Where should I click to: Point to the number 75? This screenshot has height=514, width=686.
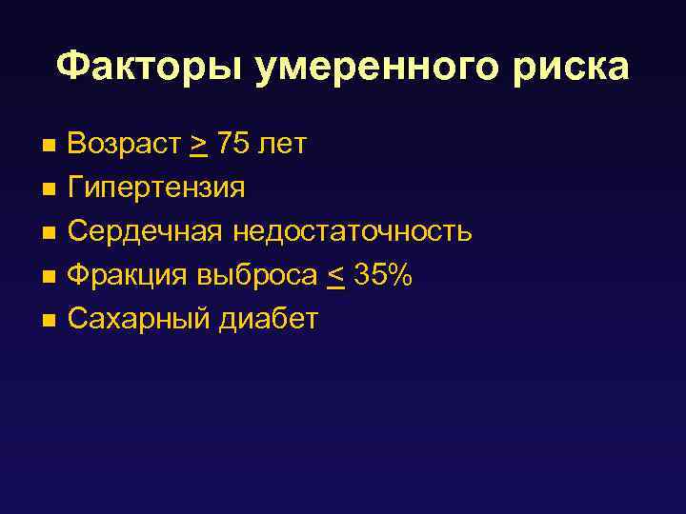pos(233,144)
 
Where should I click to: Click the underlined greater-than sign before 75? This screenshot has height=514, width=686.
pos(199,146)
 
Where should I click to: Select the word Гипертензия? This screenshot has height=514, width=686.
pos(156,188)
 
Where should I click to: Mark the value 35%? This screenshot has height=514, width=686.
pos(383,275)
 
